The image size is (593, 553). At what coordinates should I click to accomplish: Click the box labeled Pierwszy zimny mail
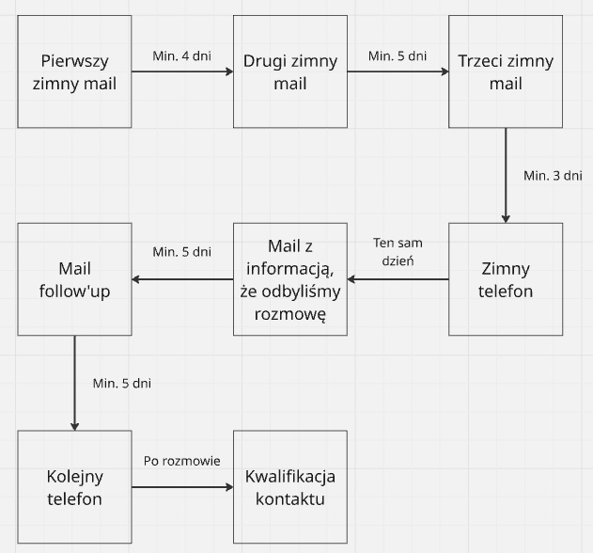pyautogui.click(x=74, y=71)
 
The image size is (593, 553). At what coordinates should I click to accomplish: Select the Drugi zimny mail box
pyautogui.click(x=290, y=71)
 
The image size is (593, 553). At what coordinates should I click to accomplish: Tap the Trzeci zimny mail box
pyautogui.click(x=506, y=71)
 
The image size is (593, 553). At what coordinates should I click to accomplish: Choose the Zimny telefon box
pyautogui.click(x=506, y=279)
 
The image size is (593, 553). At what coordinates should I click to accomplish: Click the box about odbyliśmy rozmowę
pyautogui.click(x=290, y=279)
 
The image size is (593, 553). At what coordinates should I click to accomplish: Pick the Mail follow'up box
pyautogui.click(x=74, y=279)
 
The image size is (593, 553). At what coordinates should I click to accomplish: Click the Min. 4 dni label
pyautogui.click(x=181, y=55)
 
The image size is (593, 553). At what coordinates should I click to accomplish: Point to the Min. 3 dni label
pyautogui.click(x=554, y=176)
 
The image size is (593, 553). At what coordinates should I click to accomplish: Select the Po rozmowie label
pyautogui.click(x=181, y=461)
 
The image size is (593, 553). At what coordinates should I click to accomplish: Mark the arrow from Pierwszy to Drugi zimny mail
pyautogui.click(x=181, y=72)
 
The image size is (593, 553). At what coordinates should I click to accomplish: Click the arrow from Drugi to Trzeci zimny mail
pyautogui.click(x=398, y=72)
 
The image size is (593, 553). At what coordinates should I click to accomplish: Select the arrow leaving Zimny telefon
pyautogui.click(x=398, y=279)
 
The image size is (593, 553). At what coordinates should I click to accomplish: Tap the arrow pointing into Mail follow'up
pyautogui.click(x=181, y=279)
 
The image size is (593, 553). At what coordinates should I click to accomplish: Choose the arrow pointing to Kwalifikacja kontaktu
pyautogui.click(x=181, y=487)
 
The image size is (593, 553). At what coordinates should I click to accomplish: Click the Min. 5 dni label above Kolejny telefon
pyautogui.click(x=122, y=383)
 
